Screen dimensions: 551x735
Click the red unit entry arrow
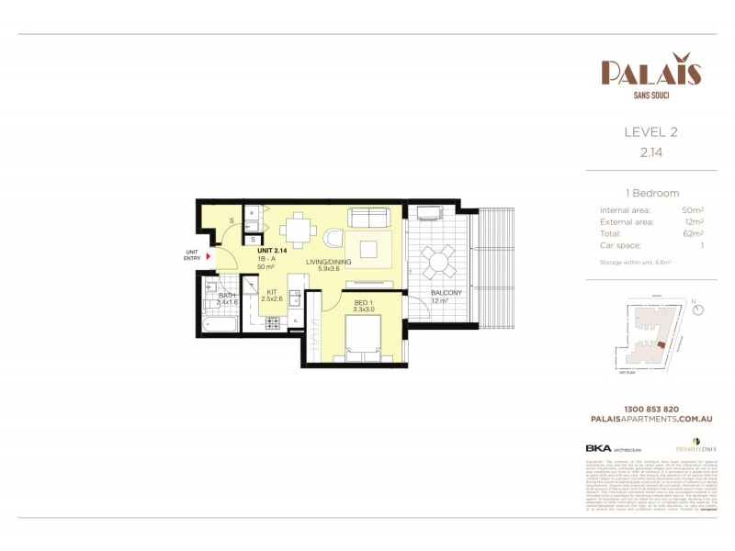(x=209, y=257)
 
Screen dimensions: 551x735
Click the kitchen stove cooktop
(x=273, y=322)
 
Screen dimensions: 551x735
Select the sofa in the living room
(x=367, y=218)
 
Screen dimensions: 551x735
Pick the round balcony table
(x=437, y=261)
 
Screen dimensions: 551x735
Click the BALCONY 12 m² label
(x=445, y=297)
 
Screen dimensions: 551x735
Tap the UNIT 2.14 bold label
(x=273, y=251)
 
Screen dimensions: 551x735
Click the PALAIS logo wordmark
(x=650, y=72)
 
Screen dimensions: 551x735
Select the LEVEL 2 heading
(x=650, y=132)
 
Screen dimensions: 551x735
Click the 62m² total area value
(x=694, y=233)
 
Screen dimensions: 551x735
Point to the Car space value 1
(x=702, y=245)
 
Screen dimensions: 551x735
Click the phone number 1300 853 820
(x=650, y=408)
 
